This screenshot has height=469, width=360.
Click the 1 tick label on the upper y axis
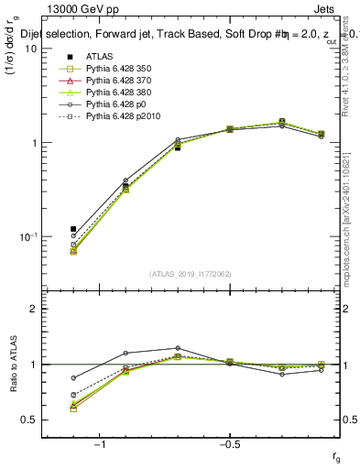coord(35,143)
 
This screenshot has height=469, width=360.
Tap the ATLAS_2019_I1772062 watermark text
coord(190,273)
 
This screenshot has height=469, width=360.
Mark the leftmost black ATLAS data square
coord(73,229)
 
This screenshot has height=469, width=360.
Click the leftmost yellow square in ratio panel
coord(73,409)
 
